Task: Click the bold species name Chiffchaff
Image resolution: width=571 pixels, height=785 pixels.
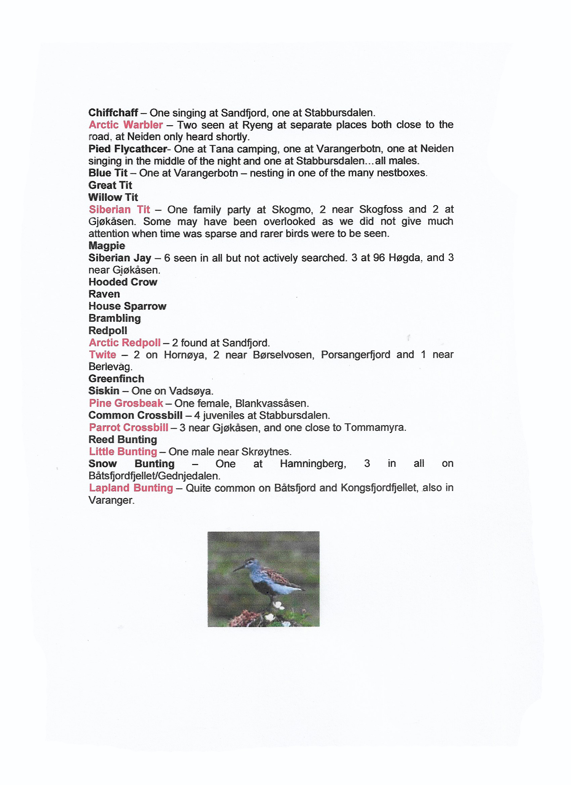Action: click(113, 113)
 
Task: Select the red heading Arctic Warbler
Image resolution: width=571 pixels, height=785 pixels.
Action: click(126, 125)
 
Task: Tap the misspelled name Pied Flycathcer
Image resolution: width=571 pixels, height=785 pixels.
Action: click(128, 149)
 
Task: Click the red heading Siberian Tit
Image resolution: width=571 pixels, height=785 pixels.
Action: click(119, 209)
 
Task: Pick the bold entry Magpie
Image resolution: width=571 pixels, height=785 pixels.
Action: click(107, 245)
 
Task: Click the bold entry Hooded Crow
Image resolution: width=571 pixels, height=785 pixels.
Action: click(123, 282)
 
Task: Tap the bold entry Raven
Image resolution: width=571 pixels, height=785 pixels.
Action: click(104, 294)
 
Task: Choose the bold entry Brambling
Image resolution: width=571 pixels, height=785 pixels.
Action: click(115, 318)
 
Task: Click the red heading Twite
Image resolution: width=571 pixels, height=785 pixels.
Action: click(102, 355)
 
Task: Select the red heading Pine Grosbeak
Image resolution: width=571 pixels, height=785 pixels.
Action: click(126, 403)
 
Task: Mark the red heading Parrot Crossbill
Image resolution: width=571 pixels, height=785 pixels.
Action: click(128, 427)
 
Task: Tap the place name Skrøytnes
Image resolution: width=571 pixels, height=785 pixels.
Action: click(266, 452)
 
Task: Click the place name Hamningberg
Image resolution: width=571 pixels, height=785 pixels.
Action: click(313, 464)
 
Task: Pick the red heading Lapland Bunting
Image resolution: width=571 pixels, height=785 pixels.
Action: click(131, 488)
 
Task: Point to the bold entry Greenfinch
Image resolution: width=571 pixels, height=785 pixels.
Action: click(116, 379)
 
